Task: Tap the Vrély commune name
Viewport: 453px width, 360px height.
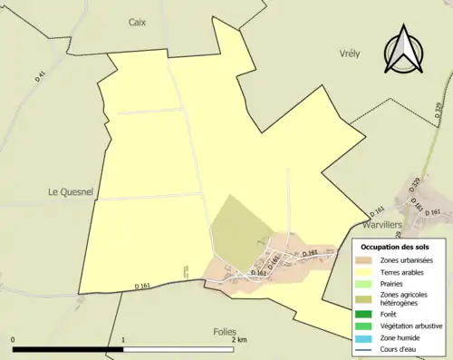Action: (x=349, y=54)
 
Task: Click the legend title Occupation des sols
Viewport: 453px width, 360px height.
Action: (x=395, y=247)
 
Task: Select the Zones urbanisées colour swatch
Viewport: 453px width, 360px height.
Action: (x=363, y=260)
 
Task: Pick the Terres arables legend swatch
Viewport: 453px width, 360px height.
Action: (x=363, y=271)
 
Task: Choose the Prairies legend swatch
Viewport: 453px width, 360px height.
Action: (x=363, y=282)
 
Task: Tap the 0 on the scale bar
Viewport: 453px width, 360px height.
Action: (x=13, y=341)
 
